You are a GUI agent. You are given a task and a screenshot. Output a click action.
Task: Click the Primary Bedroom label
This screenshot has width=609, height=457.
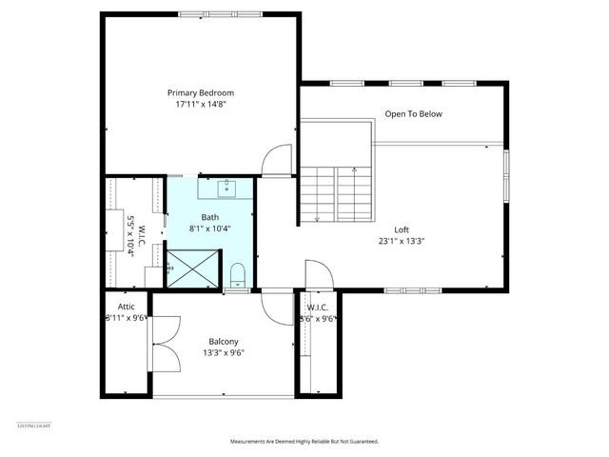[x=201, y=92]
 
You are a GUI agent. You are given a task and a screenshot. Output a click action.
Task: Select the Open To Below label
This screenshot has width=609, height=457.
[x=413, y=114]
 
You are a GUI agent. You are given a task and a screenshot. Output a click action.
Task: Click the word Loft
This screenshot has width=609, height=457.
[x=402, y=229]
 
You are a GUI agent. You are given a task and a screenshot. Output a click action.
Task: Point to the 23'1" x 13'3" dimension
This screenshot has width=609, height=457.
[x=402, y=241]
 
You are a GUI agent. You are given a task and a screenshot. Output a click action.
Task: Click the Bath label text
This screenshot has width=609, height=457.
[x=209, y=217]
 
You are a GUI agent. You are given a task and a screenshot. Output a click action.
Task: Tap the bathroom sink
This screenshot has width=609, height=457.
[x=226, y=188]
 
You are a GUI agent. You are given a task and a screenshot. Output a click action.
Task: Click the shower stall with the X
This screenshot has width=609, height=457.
[x=194, y=269]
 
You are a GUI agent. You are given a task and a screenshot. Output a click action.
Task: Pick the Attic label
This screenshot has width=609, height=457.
[x=126, y=307]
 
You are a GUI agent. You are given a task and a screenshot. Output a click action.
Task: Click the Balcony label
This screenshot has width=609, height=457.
[x=223, y=341]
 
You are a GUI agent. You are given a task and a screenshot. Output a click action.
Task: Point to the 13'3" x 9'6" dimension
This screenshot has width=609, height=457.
[x=223, y=352]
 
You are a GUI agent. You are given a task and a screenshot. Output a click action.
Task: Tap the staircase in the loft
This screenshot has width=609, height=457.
[x=336, y=194]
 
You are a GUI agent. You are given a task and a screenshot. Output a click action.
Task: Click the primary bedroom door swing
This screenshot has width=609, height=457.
[x=277, y=160]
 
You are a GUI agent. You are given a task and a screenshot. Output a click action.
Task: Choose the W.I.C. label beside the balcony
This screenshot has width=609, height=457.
[x=317, y=307]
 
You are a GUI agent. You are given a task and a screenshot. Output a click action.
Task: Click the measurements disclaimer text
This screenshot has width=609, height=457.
[x=304, y=442]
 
